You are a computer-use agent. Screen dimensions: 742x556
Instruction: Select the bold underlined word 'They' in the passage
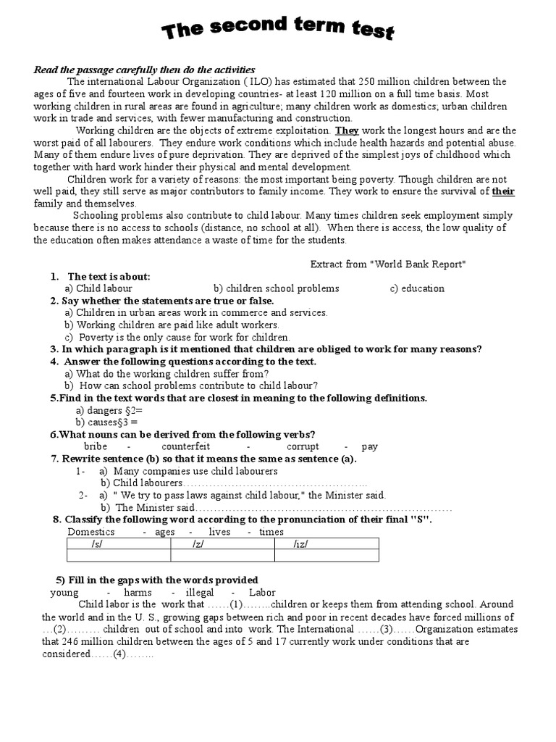[x=346, y=131]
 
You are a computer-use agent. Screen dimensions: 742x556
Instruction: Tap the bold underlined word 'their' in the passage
[x=503, y=192]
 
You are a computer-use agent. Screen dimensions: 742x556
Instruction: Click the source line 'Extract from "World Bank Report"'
[x=387, y=264]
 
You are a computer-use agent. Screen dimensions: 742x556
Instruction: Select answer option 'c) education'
[x=417, y=288]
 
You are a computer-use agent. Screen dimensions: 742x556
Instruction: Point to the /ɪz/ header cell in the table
[x=301, y=543]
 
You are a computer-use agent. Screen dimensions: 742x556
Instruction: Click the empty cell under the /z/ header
[x=222, y=556]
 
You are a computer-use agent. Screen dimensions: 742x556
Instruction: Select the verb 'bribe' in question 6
[x=96, y=447]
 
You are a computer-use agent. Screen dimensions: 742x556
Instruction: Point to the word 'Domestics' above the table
[x=90, y=532]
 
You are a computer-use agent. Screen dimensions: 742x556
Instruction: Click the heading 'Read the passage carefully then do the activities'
[x=144, y=70]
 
